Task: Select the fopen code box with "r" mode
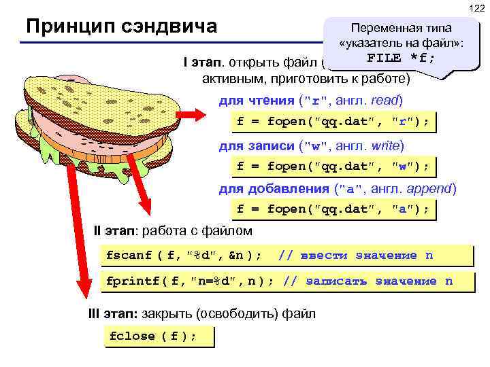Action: (x=333, y=122)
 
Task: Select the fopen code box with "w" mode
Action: (x=333, y=166)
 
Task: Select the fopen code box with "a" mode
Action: (x=333, y=209)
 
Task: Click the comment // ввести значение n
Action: (x=356, y=256)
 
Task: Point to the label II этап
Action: (x=114, y=231)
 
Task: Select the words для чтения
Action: (x=256, y=101)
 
